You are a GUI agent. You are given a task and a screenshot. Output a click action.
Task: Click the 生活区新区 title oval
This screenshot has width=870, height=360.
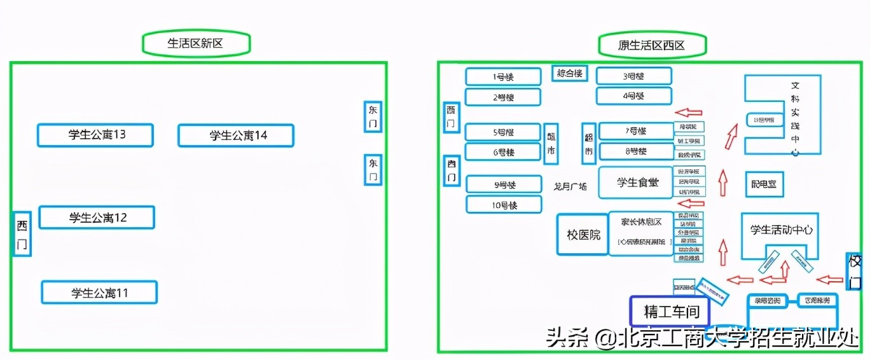pos(196,43)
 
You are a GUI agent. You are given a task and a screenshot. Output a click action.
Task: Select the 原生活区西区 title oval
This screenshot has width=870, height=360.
pos(652,45)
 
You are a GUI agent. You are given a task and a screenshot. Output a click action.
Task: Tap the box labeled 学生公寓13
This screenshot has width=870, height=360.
pos(95,135)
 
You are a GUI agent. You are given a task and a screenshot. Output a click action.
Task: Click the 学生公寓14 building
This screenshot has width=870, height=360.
pos(236,135)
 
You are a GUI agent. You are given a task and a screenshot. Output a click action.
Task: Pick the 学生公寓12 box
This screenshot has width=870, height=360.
pos(97,218)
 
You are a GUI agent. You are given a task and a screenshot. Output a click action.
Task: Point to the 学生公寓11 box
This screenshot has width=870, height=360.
pos(99,293)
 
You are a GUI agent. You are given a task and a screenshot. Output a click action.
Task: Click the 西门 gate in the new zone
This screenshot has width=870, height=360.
pos(22,234)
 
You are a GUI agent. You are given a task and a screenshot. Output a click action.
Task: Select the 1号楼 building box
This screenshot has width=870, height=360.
pos(503,77)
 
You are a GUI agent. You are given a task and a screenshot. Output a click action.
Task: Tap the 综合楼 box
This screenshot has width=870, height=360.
pos(570,74)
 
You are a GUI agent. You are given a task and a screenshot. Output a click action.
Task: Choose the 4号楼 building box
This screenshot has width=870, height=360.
pos(633,96)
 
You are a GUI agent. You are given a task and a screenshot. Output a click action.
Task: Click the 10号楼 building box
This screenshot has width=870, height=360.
pos(504,205)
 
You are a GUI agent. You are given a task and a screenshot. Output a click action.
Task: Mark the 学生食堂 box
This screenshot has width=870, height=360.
pos(636,183)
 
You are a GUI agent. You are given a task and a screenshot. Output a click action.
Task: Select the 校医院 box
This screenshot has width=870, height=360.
pos(583,235)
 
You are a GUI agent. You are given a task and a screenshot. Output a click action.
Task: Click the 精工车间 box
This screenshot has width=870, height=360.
pos(668,312)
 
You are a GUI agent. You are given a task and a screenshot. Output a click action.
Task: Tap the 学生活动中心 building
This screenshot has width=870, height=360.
pos(780,230)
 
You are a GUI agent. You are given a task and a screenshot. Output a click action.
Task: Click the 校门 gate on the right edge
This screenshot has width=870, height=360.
pos(855,272)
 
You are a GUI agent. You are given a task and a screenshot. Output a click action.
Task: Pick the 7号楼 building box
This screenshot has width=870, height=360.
pos(636,131)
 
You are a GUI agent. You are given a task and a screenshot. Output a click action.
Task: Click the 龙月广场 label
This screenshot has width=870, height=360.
pos(570,187)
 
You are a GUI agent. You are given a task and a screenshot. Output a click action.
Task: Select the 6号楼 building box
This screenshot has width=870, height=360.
pos(503,152)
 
